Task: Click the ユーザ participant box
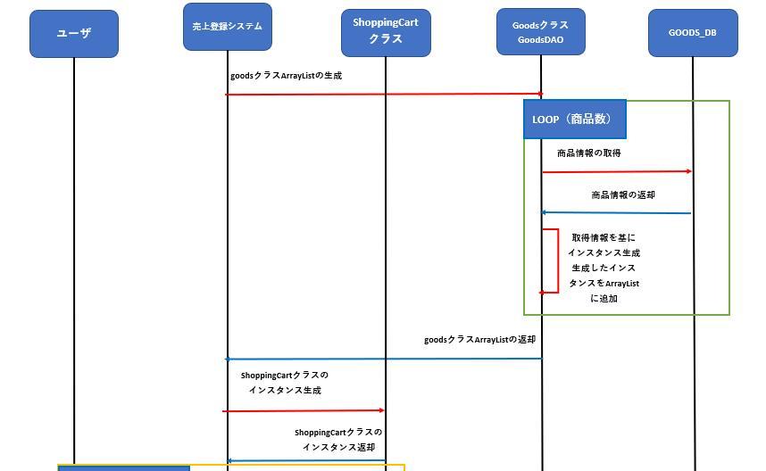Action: coord(74,34)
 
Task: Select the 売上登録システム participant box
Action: coord(227,27)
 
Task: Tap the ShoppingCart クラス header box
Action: coord(386,32)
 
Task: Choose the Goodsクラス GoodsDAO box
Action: coord(540,32)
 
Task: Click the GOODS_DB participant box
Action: coord(693,33)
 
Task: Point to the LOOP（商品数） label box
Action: coord(574,120)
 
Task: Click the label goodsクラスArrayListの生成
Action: coord(286,76)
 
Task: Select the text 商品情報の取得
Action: coord(589,153)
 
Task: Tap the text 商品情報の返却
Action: coord(623,195)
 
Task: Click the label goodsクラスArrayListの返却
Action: coord(479,340)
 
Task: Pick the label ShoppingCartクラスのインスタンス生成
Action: coord(285,383)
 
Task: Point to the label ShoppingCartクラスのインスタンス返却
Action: coord(338,440)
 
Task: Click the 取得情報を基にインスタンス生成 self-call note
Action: coord(604,269)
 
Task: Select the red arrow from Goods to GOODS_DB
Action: coord(616,171)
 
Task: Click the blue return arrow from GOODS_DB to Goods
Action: coord(616,213)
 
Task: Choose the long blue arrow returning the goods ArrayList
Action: coord(384,359)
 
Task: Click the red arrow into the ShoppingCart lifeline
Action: coord(304,411)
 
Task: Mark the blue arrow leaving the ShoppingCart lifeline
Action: coord(306,461)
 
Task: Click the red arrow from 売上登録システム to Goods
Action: coord(384,94)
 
